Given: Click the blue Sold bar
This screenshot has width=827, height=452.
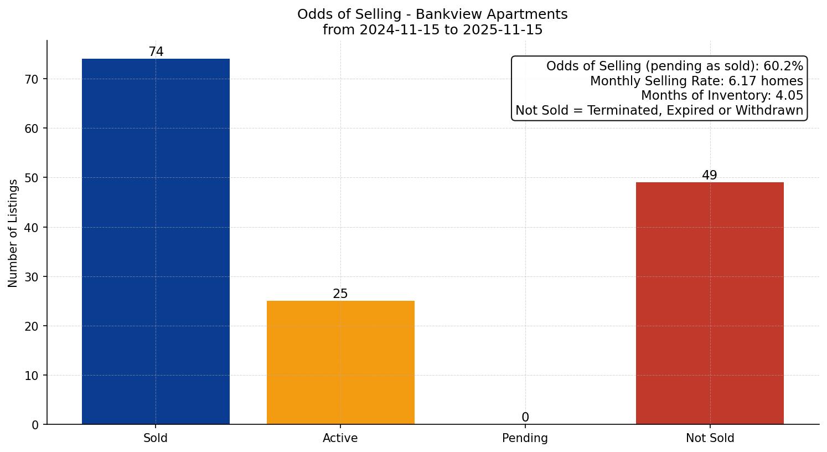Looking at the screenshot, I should (156, 242).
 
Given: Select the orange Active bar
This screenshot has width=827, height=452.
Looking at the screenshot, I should (340, 363).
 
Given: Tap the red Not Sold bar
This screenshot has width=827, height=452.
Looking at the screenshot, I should (710, 304).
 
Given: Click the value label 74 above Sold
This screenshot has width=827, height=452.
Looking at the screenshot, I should (156, 52).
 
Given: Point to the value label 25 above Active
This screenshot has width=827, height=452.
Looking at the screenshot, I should (340, 294).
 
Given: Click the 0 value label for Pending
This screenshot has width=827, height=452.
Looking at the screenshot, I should (525, 418).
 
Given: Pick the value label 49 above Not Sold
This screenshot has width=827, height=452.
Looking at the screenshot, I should (710, 176).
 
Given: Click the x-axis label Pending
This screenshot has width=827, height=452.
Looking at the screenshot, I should (525, 438).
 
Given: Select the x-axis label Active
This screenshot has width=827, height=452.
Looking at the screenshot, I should (340, 438).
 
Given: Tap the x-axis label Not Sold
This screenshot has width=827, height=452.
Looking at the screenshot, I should (710, 438).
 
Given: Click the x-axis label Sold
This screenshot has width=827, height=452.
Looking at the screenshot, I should (156, 438).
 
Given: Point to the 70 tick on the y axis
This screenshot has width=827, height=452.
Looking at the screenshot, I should (32, 79).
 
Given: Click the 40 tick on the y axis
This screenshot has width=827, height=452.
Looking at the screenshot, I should (32, 227).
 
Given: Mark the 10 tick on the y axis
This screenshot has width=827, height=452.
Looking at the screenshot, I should (32, 376).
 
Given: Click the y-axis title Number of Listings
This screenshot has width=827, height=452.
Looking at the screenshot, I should (13, 233).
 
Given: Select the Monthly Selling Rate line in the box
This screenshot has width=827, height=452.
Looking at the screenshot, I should (696, 81).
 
